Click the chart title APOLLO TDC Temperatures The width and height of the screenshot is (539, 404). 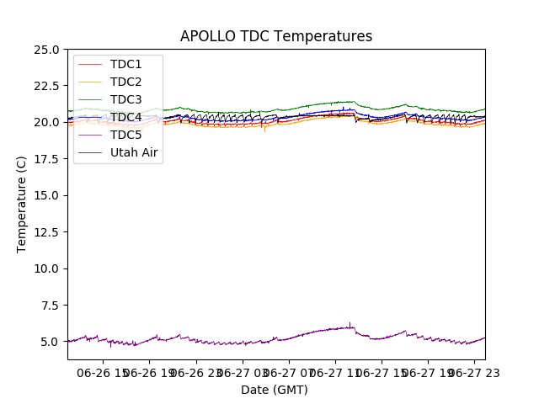click(x=275, y=36)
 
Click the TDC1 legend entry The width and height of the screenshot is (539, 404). click(x=125, y=64)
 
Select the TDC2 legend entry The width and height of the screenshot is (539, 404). click(x=125, y=82)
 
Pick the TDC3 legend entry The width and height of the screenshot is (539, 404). click(x=125, y=99)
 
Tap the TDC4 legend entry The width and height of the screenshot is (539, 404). click(x=125, y=117)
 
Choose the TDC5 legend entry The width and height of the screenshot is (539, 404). click(x=125, y=135)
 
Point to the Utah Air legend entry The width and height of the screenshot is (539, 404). click(x=134, y=152)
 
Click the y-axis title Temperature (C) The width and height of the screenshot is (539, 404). click(x=22, y=204)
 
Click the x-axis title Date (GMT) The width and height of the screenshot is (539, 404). click(x=275, y=390)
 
